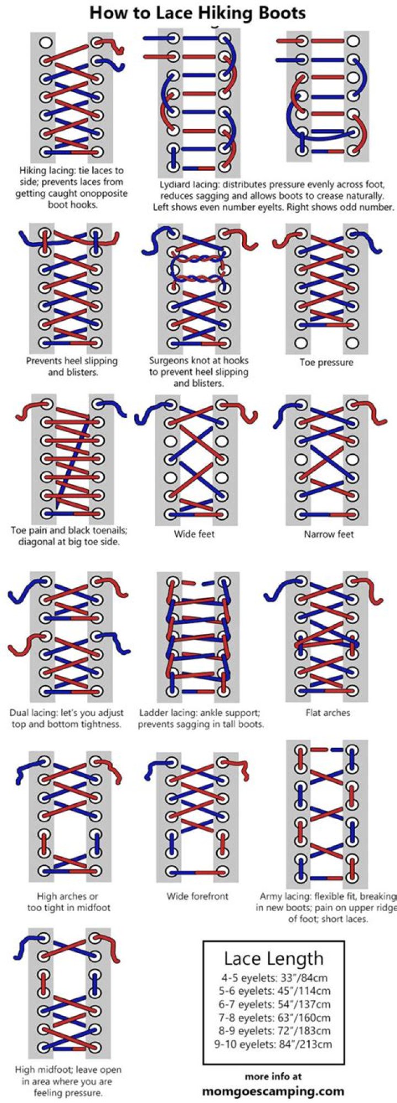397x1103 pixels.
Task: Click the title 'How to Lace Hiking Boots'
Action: tap(197, 13)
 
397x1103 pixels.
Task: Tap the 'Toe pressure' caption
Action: tap(326, 362)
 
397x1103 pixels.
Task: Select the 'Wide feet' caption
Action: tap(194, 534)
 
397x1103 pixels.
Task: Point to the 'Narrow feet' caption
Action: tap(329, 534)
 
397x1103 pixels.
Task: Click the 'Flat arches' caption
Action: tap(328, 713)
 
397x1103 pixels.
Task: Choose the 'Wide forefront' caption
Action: tap(197, 896)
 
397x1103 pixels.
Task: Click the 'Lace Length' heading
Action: tap(273, 959)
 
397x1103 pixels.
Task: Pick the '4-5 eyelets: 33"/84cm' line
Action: tap(274, 978)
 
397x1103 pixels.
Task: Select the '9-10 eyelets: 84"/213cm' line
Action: tap(273, 1044)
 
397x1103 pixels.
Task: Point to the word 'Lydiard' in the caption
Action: tap(175, 185)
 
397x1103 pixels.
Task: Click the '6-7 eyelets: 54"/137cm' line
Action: tap(274, 1004)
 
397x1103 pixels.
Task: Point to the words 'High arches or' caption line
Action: tap(67, 896)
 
